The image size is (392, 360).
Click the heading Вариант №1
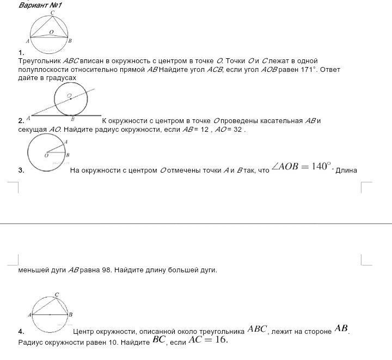[40, 5]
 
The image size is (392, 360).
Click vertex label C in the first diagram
[52, 13]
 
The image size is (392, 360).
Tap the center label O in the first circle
[51, 32]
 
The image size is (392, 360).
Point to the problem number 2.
[21, 121]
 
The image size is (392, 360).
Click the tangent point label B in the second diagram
[73, 119]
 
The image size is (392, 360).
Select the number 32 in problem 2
[238, 130]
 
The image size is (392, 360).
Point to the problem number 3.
[21, 170]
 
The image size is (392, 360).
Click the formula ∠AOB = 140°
[302, 167]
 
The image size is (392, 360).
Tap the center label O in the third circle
[46, 155]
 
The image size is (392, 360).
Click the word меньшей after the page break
[35, 270]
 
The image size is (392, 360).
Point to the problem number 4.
[21, 331]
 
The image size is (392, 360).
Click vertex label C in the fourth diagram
[57, 295]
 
